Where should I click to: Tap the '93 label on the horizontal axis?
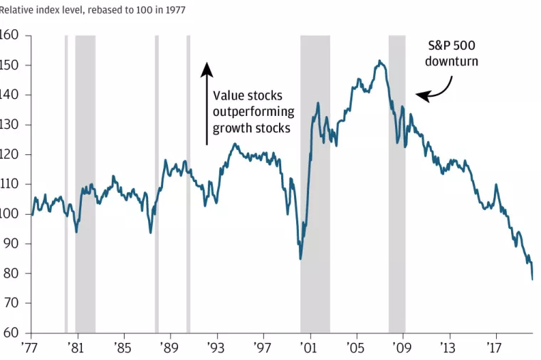click(x=216, y=348)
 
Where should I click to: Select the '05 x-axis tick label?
click(x=356, y=348)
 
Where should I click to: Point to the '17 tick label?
click(x=495, y=348)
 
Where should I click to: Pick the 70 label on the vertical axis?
click(x=13, y=303)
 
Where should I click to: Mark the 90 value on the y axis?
click(x=13, y=244)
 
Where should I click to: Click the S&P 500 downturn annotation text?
click(x=451, y=53)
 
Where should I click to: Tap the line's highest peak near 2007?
click(x=379, y=61)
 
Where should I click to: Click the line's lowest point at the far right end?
click(x=532, y=279)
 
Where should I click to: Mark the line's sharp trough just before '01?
click(x=300, y=258)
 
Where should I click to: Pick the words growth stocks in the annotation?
click(x=251, y=129)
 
